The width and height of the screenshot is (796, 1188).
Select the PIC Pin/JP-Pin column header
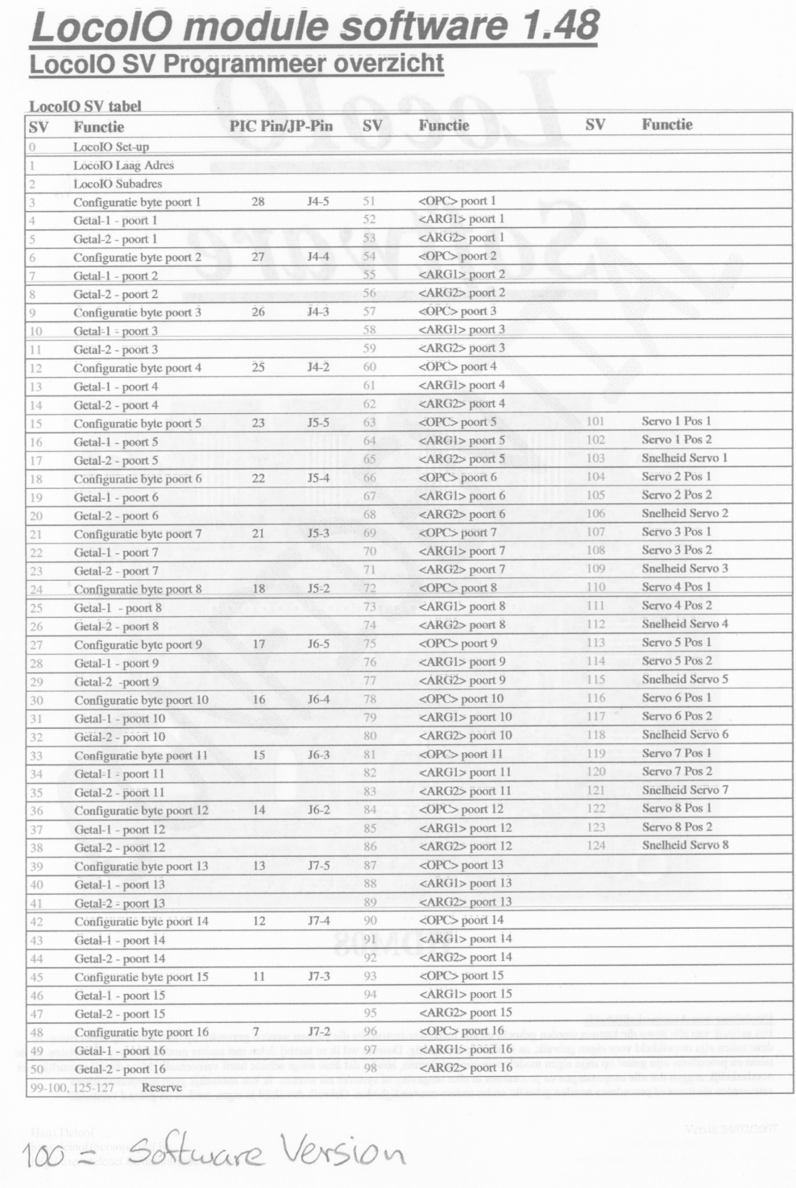coord(280,126)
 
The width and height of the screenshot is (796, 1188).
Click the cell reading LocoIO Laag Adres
coord(123,165)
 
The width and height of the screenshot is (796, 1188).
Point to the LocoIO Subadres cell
coord(118,184)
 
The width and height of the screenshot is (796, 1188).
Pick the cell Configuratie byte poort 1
coord(137,202)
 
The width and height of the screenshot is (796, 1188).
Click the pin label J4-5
coord(318,201)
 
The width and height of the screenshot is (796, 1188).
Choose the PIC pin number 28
coord(258,201)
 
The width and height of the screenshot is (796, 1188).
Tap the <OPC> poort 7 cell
coord(458,532)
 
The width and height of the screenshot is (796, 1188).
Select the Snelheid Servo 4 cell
coord(685,623)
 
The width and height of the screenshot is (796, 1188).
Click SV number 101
coord(595,421)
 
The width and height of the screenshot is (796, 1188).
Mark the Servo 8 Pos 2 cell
coord(677,826)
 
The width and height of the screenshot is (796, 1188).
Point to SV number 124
coord(595,845)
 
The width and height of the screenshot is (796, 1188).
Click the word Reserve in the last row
coord(162,1087)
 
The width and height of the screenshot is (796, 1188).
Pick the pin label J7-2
coord(319,1031)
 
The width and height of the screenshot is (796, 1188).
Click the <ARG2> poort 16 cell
coord(465,1068)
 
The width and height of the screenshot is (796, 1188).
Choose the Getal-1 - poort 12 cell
coord(120,830)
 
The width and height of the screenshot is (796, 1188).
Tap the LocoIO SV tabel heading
coord(85,106)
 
